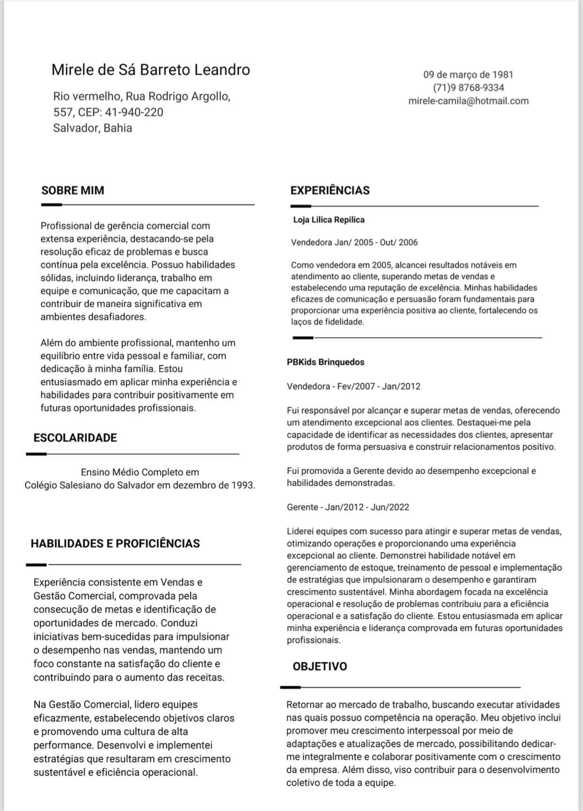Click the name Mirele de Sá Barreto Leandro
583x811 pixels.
tap(151, 70)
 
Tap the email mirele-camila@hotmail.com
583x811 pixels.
tap(468, 101)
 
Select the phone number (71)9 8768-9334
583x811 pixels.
tap(468, 88)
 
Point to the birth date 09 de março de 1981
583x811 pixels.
tap(468, 75)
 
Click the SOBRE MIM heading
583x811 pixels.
tap(73, 190)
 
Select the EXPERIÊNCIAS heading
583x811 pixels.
tap(330, 190)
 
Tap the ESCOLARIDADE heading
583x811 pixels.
tap(75, 438)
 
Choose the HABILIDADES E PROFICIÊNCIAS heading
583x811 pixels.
tap(115, 544)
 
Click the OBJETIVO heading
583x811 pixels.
tap(320, 667)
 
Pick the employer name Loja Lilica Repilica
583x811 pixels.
tap(329, 220)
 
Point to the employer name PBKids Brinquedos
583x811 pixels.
tap(326, 362)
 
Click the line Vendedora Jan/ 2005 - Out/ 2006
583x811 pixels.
tap(354, 243)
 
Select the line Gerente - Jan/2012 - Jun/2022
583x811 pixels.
tap(348, 507)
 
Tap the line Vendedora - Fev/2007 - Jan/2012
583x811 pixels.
tap(353, 387)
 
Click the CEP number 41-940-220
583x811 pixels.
tap(134, 113)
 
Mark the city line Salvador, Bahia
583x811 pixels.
tap(92, 128)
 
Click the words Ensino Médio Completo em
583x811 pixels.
tap(140, 472)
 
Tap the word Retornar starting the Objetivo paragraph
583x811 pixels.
tap(305, 705)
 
